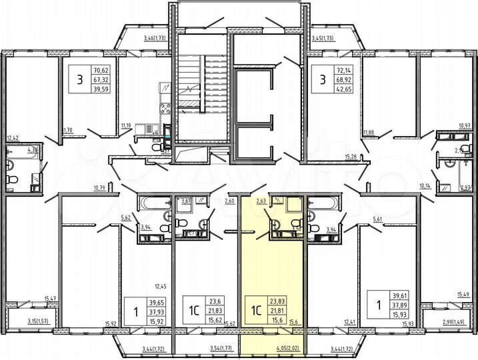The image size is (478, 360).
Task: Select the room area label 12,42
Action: click(13, 139)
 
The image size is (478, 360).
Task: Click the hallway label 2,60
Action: click(230, 200)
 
